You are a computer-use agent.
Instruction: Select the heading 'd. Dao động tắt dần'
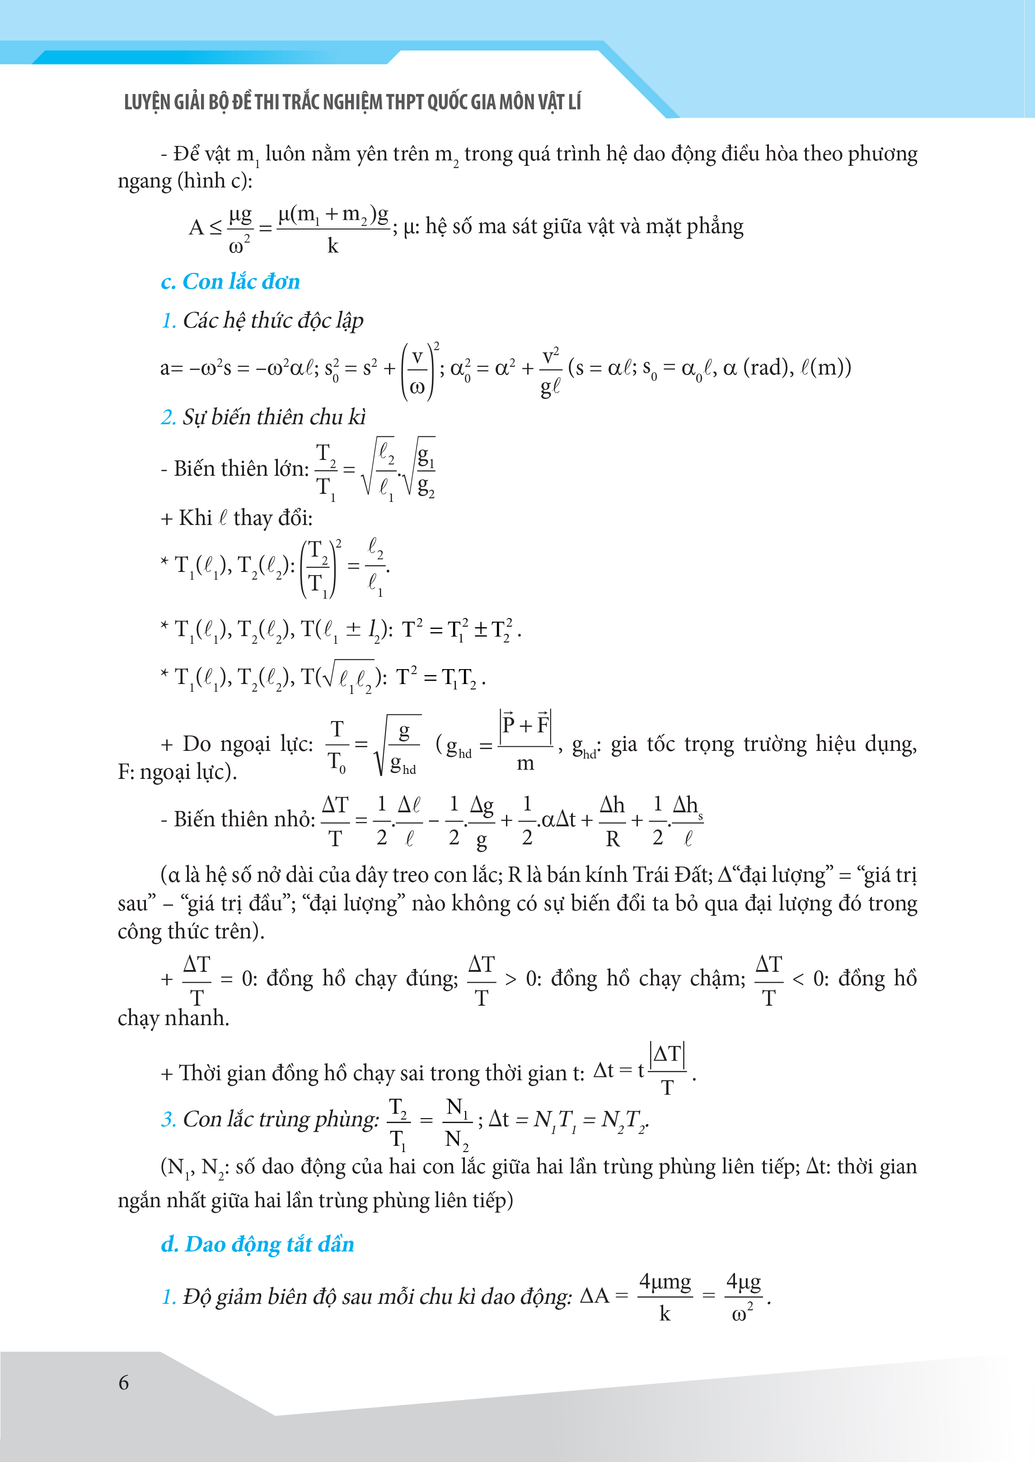(258, 1244)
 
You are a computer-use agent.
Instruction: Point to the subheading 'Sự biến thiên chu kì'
(274, 417)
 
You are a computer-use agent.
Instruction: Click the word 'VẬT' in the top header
(543, 102)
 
